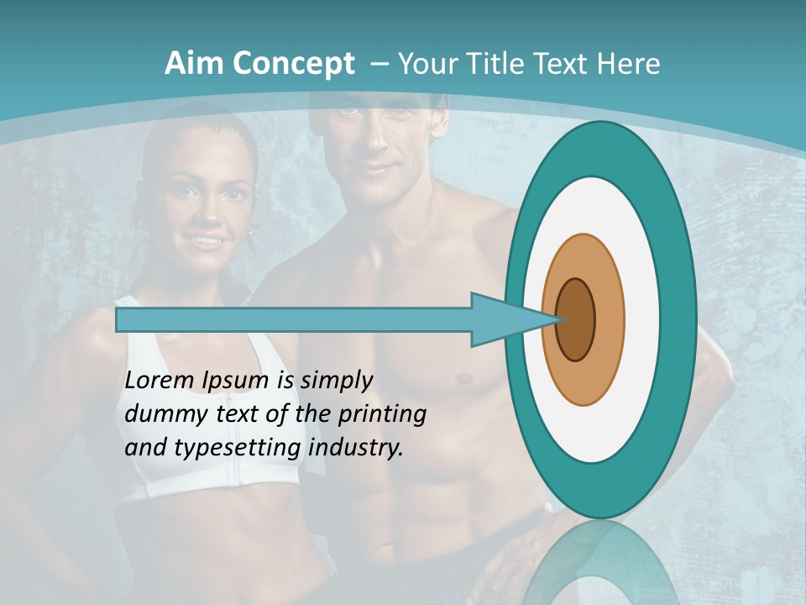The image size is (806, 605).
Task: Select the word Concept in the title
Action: tap(293, 64)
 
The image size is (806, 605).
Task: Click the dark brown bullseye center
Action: tap(576, 320)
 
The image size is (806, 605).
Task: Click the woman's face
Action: tap(204, 206)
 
